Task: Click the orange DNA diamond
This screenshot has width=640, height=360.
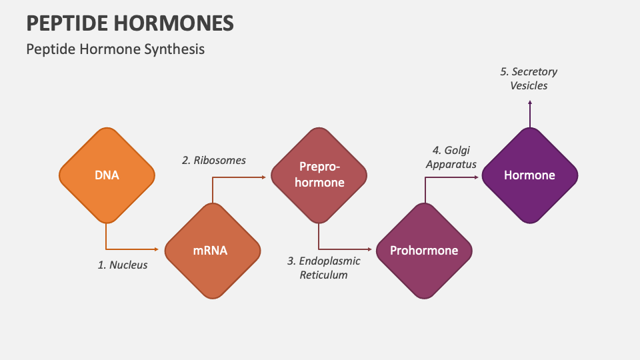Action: pos(107,175)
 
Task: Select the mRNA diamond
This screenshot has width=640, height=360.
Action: pos(212,251)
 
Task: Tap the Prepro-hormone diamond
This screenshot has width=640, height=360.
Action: pos(318,175)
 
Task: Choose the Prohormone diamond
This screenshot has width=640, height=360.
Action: pos(424,251)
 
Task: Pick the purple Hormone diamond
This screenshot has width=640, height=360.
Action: pos(529,175)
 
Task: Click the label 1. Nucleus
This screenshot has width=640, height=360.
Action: pos(123,265)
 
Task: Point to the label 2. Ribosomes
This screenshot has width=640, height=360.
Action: pos(214,160)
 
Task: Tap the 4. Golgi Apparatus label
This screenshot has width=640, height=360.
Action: pos(451,157)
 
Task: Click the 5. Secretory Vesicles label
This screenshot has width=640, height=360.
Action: pos(529,78)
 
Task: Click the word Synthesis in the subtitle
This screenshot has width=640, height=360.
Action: pos(174,49)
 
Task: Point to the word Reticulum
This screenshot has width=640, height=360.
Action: pos(323,275)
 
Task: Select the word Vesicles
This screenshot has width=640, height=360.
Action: pos(529,85)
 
